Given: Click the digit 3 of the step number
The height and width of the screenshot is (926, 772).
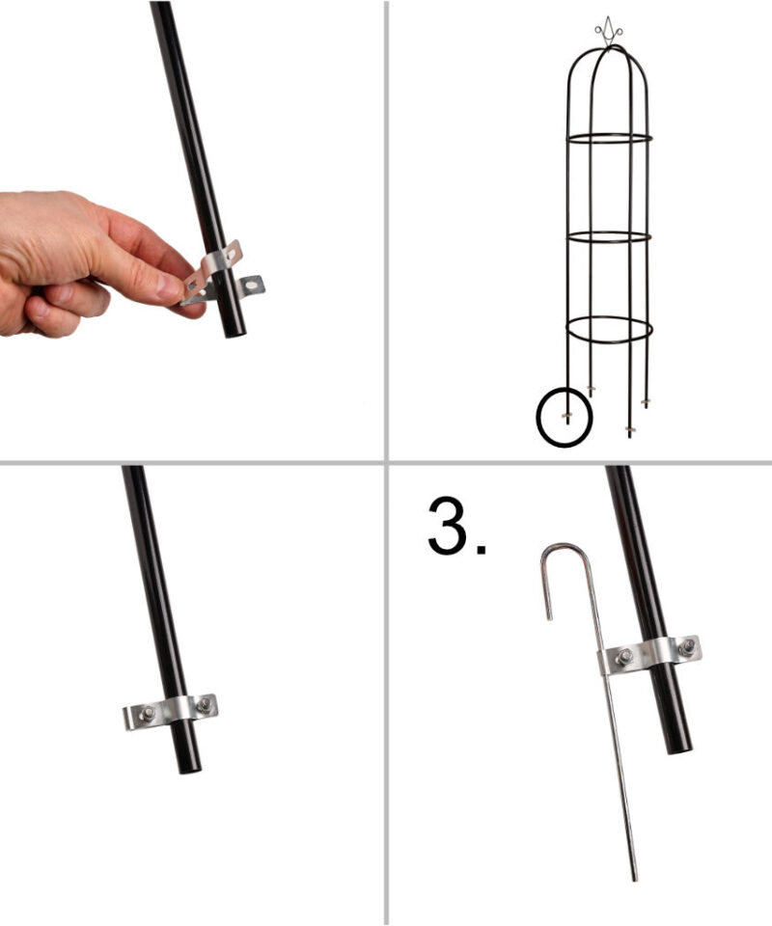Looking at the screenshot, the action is [448, 526].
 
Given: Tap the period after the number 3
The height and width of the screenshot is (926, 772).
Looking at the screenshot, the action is [482, 550].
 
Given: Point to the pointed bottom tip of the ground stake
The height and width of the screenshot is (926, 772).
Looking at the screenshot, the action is [635, 880].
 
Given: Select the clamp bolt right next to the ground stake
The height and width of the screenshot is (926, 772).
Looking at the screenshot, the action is [623, 657].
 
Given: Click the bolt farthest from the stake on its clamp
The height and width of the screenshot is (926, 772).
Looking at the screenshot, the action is [686, 647].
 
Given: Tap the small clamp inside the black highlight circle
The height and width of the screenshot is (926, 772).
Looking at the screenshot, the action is [566, 415].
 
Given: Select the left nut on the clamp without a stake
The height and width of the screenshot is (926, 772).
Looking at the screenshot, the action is [147, 715].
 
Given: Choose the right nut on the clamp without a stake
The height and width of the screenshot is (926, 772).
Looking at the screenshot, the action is [204, 704].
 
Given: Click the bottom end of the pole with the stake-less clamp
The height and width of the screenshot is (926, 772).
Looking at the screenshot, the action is [190, 769].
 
